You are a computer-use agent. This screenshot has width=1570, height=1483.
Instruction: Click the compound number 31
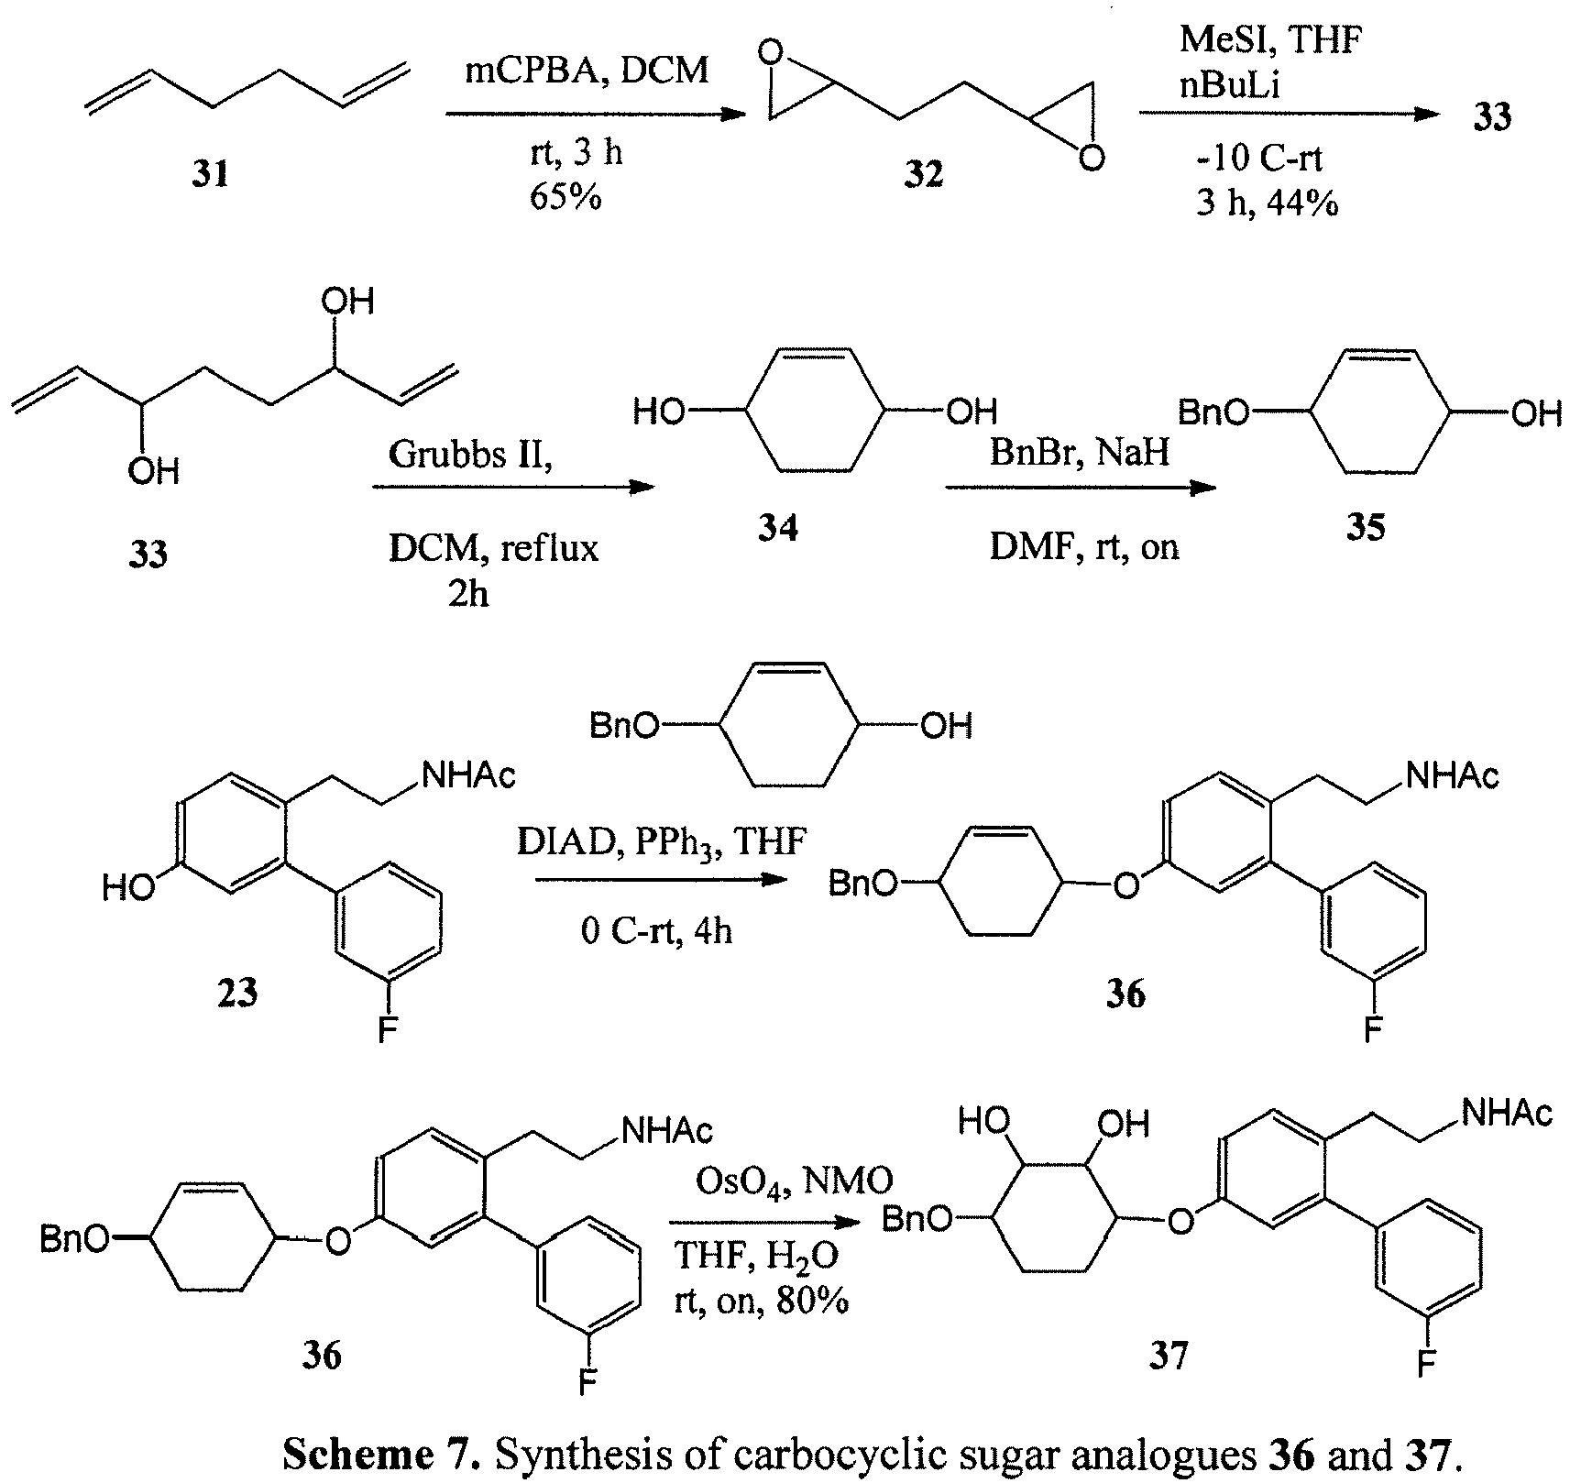click(x=211, y=172)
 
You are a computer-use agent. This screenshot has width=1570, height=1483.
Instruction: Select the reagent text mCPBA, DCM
click(x=587, y=69)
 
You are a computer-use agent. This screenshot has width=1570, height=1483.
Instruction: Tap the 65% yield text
click(x=565, y=197)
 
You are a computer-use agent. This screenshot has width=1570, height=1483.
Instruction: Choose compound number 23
click(x=237, y=992)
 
